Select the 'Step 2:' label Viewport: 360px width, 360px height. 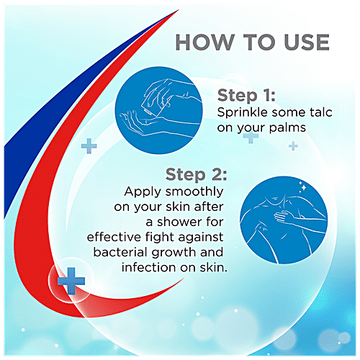(x=196, y=175)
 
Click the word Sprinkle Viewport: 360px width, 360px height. (x=244, y=113)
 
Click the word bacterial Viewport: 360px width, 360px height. (x=121, y=253)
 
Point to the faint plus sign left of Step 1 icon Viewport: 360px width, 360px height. (x=89, y=146)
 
